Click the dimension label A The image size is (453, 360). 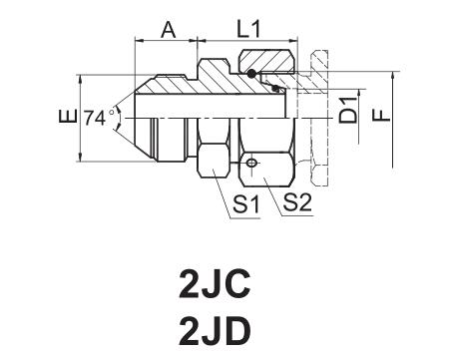168,30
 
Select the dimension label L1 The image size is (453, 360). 248,29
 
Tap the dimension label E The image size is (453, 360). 68,116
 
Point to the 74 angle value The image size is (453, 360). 94,118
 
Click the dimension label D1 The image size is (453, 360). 348,111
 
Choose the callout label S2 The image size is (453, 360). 297,202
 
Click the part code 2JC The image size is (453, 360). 215,284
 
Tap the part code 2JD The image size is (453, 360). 215,331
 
